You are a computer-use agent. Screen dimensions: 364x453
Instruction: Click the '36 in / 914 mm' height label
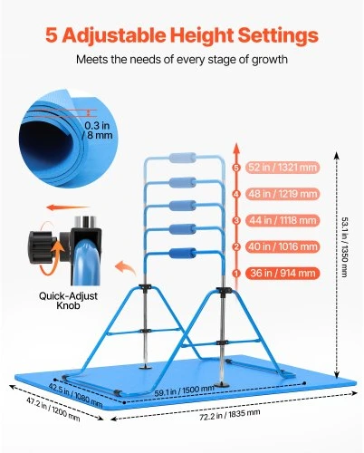click(x=283, y=273)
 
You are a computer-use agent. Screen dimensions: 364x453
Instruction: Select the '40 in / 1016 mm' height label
click(x=283, y=246)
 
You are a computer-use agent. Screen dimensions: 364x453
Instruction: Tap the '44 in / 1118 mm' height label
click(x=283, y=220)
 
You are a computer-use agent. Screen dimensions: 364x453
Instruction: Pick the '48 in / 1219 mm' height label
click(x=283, y=194)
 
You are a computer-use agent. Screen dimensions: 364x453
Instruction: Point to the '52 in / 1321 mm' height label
click(x=283, y=168)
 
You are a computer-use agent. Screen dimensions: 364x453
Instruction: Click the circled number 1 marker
click(x=236, y=274)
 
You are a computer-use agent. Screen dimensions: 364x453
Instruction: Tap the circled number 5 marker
click(x=236, y=168)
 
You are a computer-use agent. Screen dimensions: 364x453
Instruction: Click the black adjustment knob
click(x=43, y=247)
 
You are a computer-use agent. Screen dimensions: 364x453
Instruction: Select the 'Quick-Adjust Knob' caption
click(x=68, y=301)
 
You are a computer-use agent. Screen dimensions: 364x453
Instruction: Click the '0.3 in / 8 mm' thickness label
click(x=97, y=130)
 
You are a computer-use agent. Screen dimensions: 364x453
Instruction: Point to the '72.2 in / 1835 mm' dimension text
click(x=230, y=415)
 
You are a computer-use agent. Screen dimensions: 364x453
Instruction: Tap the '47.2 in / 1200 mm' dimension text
click(x=53, y=410)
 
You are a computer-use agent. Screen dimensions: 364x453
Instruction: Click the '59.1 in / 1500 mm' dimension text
click(x=185, y=391)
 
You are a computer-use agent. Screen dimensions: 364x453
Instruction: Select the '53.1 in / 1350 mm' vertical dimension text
click(x=345, y=246)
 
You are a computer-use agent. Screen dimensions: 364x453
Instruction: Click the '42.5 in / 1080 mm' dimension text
click(x=76, y=395)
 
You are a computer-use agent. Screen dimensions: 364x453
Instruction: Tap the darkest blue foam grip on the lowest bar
click(x=183, y=254)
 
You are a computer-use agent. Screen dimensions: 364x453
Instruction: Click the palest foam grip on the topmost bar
click(x=183, y=158)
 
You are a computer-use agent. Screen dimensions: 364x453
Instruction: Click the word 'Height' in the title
click(x=202, y=35)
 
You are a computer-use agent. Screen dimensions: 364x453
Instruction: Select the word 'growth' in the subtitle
click(x=270, y=60)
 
